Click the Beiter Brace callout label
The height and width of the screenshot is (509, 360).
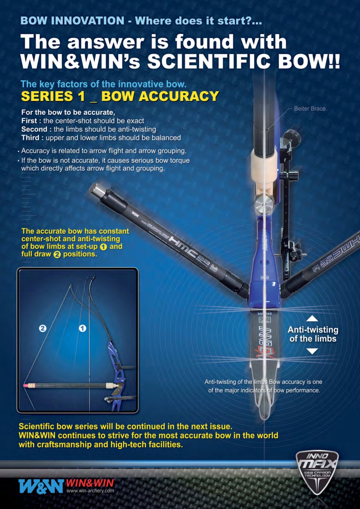pyautogui.click(x=310, y=108)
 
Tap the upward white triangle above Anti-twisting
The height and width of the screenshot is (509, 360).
pyautogui.click(x=313, y=318)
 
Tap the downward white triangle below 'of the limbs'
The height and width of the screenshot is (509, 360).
pyautogui.click(x=313, y=351)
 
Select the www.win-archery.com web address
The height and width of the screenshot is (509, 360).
pyautogui.click(x=90, y=491)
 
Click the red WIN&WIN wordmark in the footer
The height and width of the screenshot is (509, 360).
pyautogui.click(x=90, y=483)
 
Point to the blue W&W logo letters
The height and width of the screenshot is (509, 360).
pyautogui.click(x=41, y=486)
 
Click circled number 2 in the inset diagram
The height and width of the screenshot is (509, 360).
pyautogui.click(x=42, y=328)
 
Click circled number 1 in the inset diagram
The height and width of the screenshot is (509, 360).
pyautogui.click(x=83, y=328)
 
